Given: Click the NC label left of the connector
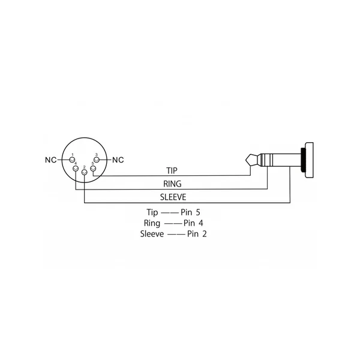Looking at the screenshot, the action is [51, 160].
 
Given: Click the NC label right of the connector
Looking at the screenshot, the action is [118, 160].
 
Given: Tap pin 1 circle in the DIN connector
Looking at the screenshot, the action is [73, 160].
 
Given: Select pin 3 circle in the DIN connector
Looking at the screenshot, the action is [97, 160].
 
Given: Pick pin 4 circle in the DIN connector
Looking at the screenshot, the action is [76, 169].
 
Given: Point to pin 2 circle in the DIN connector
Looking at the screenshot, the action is [84, 173].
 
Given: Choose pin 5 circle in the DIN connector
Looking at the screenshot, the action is [93, 169].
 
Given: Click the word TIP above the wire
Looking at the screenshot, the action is [172, 170].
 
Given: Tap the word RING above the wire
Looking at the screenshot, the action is [172, 184].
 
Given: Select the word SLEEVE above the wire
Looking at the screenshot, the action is [173, 197].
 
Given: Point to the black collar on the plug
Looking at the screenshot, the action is [302, 160].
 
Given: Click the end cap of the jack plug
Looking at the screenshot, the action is [309, 160].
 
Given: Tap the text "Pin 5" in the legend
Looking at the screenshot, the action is [190, 212].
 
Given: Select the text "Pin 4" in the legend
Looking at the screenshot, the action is [193, 223].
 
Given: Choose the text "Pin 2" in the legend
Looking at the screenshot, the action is [197, 234].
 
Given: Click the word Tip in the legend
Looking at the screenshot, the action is [152, 212].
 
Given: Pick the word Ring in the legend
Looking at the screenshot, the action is [152, 223].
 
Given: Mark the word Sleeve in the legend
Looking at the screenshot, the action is [152, 234].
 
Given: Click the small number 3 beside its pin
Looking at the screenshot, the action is [96, 155].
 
